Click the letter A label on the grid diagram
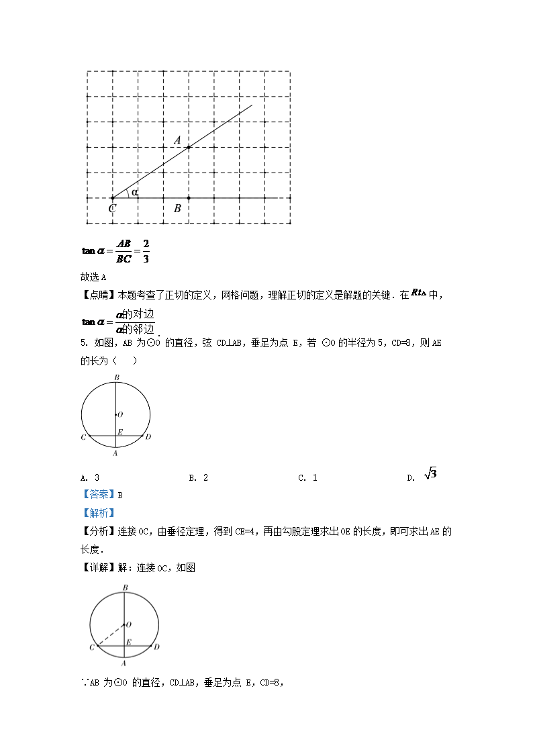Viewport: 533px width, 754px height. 178,140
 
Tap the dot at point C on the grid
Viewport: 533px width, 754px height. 112,198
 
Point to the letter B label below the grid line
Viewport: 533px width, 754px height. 177,209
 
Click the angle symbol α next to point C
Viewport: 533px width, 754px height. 134,193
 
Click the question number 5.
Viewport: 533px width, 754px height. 83,343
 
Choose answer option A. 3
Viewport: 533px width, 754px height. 90,477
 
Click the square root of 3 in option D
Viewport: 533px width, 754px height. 430,475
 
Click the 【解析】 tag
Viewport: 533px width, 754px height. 94,513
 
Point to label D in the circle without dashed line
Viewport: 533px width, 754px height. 148,437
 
